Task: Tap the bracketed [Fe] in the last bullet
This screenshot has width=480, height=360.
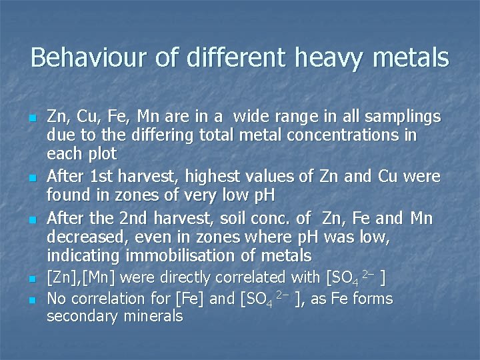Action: [x=189, y=299]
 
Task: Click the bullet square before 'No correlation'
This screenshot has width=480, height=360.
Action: [x=31, y=300]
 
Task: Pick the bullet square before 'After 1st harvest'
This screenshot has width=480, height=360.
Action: [x=31, y=178]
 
